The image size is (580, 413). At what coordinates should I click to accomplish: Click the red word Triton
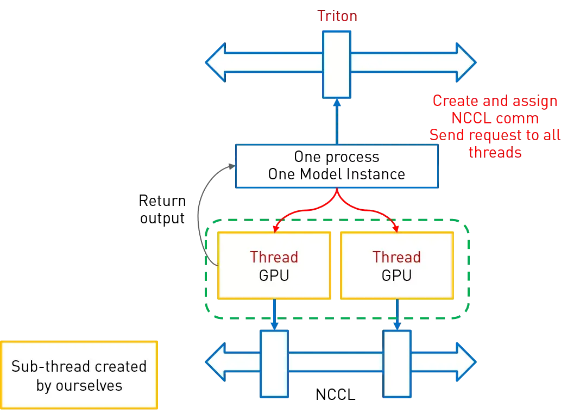click(x=338, y=16)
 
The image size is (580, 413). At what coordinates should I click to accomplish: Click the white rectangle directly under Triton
click(x=337, y=64)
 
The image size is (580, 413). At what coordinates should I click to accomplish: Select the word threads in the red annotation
click(x=495, y=152)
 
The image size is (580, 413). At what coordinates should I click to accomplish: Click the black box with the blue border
click(x=337, y=166)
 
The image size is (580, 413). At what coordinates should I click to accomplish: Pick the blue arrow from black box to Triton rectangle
click(x=337, y=122)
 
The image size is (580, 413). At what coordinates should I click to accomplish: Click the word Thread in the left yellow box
click(x=274, y=257)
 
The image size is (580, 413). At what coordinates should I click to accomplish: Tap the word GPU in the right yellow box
click(x=396, y=276)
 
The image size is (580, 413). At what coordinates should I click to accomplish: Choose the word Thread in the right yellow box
click(x=396, y=257)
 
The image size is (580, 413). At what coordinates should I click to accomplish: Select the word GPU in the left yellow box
click(x=274, y=276)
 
